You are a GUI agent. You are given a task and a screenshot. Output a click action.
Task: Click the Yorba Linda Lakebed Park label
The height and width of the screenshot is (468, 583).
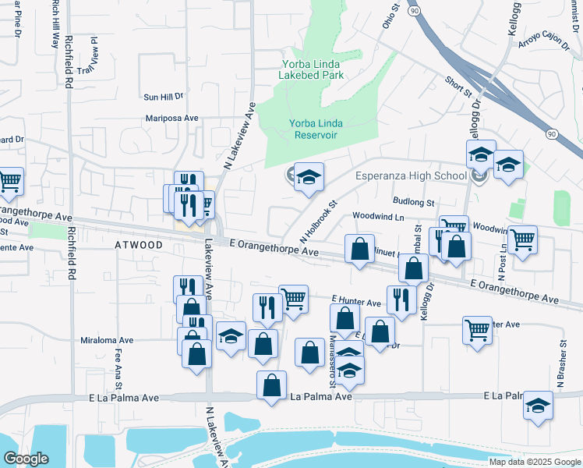(x=311, y=69)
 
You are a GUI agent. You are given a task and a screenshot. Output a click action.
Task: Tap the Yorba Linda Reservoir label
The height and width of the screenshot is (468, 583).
(x=316, y=129)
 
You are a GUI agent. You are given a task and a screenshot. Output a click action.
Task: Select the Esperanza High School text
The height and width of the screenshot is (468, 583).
(x=411, y=175)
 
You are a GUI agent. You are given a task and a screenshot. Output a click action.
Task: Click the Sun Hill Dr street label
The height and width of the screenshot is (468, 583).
(x=163, y=97)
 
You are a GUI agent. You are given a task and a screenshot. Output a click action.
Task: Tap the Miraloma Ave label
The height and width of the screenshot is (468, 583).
(x=108, y=340)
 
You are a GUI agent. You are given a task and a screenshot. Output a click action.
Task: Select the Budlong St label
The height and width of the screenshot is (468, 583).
(x=414, y=202)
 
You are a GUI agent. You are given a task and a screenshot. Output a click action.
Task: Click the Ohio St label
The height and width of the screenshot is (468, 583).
(x=390, y=15)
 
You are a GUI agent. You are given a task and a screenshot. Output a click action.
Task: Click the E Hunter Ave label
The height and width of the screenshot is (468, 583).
(x=355, y=302)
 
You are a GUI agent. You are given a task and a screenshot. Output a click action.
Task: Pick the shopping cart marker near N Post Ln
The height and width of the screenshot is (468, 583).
(x=523, y=239)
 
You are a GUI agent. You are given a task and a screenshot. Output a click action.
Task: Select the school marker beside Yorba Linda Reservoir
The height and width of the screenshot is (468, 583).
(x=309, y=177)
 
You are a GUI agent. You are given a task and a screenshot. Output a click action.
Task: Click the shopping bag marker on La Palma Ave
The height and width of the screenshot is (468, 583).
(x=271, y=385)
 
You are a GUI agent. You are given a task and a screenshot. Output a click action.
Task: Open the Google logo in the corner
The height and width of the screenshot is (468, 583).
(x=26, y=459)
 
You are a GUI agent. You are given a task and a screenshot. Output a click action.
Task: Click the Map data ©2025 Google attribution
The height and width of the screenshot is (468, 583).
(x=535, y=462)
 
